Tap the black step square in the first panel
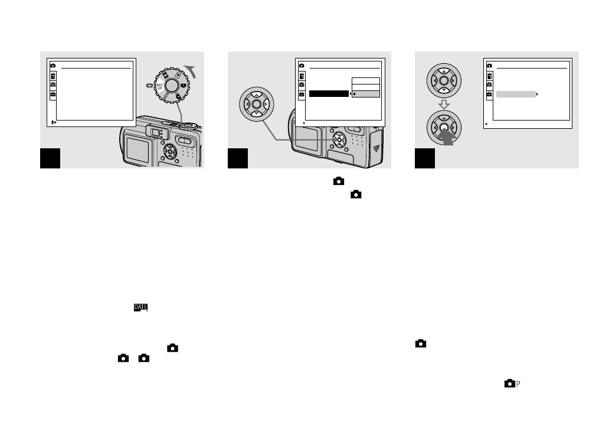[50, 158]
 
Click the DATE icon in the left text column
[140, 308]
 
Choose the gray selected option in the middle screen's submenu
[366, 93]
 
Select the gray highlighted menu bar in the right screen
[516, 94]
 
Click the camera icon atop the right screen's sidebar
[489, 65]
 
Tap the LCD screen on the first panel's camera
[137, 152]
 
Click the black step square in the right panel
[424, 158]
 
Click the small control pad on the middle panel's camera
[339, 140]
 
